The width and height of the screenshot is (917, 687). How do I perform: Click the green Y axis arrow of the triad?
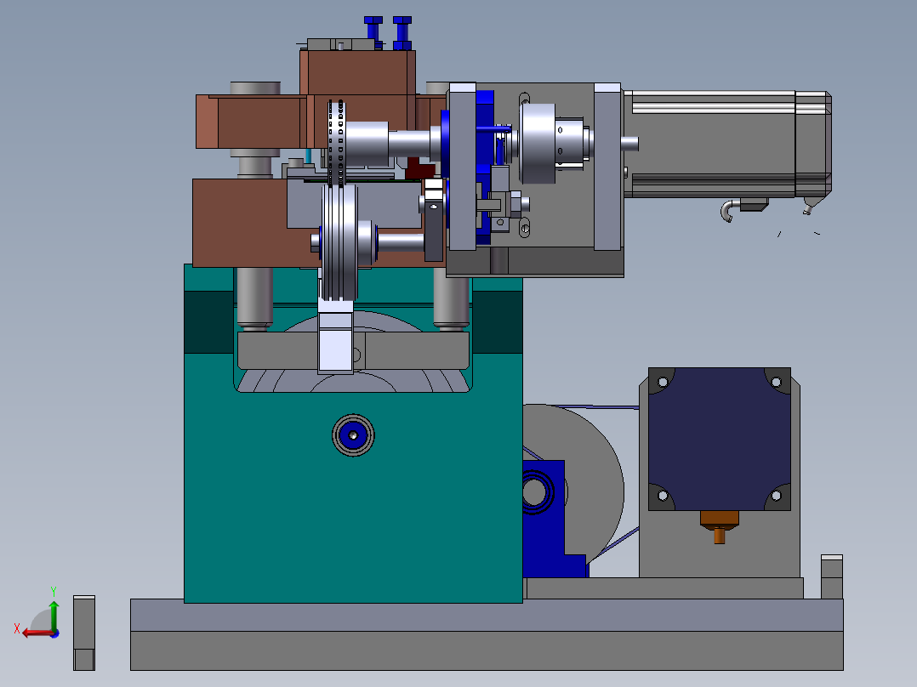point(54,614)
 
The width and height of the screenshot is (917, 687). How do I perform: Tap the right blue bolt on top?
point(402,33)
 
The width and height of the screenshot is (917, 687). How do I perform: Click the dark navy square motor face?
point(720,439)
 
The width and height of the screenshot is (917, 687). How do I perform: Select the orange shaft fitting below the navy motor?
point(720,526)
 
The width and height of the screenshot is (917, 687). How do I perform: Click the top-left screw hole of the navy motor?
point(663,383)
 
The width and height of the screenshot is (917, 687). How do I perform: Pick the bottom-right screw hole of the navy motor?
point(776,496)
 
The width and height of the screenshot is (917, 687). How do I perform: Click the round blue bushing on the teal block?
point(353,435)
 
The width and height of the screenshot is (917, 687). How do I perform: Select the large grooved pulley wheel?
point(339,242)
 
